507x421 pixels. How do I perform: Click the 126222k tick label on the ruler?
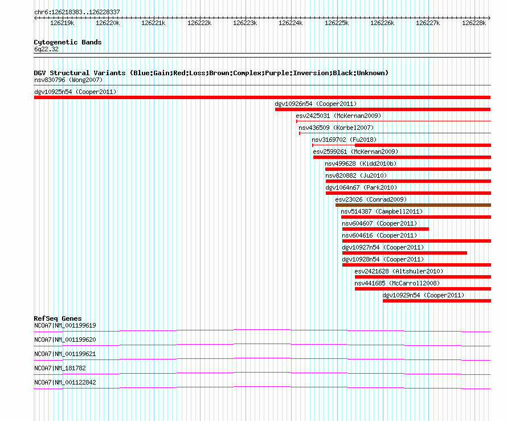(199, 23)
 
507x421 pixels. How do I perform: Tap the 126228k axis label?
(474, 23)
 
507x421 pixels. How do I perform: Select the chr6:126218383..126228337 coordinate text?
(77, 13)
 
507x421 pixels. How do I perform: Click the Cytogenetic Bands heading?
(68, 42)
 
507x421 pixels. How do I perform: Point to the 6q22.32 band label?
(46, 49)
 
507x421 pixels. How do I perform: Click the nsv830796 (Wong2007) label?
(68, 80)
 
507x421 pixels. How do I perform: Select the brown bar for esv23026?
(413, 205)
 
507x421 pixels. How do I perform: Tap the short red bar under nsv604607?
(386, 229)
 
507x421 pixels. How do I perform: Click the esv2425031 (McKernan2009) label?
(338, 116)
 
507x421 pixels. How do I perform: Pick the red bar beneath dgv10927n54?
(404, 253)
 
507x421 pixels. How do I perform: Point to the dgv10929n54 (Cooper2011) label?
(423, 295)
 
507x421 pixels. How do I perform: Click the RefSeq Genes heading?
(58, 318)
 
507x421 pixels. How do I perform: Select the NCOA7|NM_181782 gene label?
(60, 368)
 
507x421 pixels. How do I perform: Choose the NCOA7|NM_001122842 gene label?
(65, 382)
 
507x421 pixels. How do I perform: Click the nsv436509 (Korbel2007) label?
(336, 128)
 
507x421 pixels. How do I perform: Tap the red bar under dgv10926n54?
(383, 109)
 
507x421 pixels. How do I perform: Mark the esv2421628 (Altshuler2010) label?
(399, 271)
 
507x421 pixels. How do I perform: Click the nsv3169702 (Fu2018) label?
(344, 140)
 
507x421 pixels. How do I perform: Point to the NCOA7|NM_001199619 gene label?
(65, 326)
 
